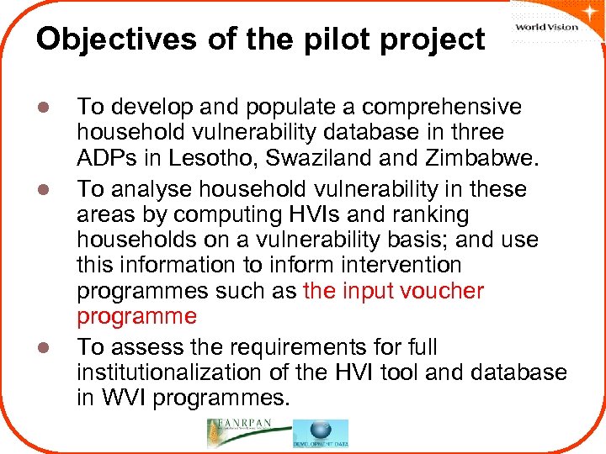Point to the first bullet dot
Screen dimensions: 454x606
pos(50,108)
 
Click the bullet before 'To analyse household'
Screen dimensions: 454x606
pos(50,189)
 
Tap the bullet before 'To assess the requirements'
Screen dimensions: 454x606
pos(50,346)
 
